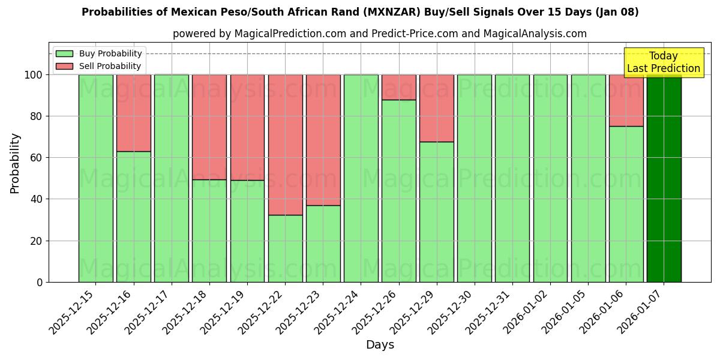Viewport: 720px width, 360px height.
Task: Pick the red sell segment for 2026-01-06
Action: coord(626,100)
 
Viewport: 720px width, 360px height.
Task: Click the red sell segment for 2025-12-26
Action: coord(398,87)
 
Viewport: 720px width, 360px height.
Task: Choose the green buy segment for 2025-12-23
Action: coord(323,244)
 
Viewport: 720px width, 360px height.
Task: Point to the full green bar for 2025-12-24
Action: coord(361,178)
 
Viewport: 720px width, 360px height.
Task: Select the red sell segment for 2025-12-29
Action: coord(436,108)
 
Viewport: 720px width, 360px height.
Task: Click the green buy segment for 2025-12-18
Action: coord(209,230)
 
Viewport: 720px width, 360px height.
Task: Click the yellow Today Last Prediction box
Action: coord(663,62)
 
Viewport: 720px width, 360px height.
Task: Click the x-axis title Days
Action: coord(380,345)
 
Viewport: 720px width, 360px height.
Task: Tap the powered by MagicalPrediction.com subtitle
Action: coord(379,34)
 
